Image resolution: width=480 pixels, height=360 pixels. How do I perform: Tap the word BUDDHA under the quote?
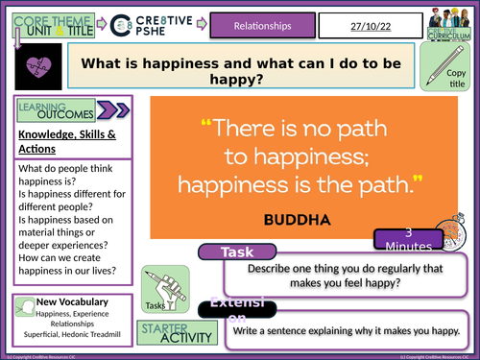coord(296,220)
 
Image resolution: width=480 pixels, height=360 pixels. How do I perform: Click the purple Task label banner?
coord(235,252)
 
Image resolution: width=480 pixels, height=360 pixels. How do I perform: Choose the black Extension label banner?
coord(237,311)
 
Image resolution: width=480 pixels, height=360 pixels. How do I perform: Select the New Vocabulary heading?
coord(72,302)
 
